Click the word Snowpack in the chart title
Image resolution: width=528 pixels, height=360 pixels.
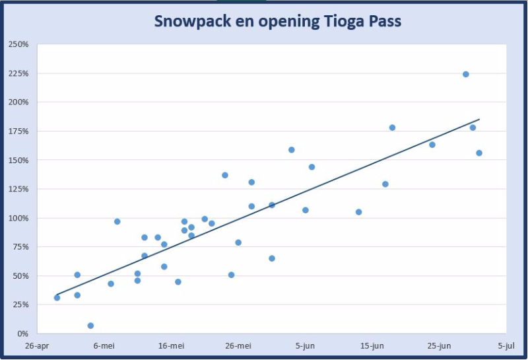pyautogui.click(x=187, y=21)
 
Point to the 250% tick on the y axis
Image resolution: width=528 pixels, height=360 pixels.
pyautogui.click(x=18, y=44)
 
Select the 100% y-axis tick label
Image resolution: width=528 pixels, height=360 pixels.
pyautogui.click(x=18, y=218)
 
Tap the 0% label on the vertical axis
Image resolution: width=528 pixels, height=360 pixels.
pyautogui.click(x=22, y=334)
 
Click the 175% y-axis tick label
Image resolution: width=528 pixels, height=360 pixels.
pyautogui.click(x=18, y=131)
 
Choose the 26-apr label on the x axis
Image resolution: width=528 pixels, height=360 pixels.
pyautogui.click(x=37, y=345)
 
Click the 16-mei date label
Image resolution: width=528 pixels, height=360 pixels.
pyautogui.click(x=171, y=345)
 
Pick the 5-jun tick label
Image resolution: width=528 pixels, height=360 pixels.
pyautogui.click(x=305, y=345)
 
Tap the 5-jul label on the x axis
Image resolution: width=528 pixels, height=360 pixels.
pyautogui.click(x=506, y=345)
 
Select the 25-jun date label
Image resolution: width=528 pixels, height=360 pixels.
pyautogui.click(x=439, y=345)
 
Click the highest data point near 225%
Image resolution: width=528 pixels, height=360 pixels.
pyautogui.click(x=465, y=74)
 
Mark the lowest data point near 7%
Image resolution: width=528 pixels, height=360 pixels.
pyautogui.click(x=90, y=326)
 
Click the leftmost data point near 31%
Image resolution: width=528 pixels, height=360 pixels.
pyautogui.click(x=57, y=297)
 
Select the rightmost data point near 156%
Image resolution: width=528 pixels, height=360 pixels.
pyautogui.click(x=479, y=153)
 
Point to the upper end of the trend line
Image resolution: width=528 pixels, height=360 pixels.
pyautogui.click(x=479, y=120)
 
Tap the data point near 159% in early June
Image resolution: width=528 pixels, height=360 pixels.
pyautogui.click(x=291, y=150)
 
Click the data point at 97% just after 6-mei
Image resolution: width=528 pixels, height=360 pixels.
pyautogui.click(x=117, y=221)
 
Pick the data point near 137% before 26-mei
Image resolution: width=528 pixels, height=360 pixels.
pyautogui.click(x=224, y=175)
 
